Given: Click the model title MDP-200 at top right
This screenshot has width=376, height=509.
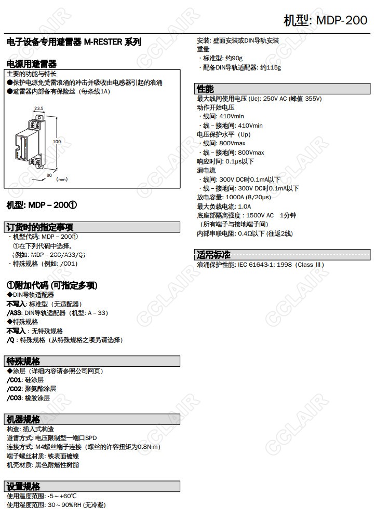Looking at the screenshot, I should (x=326, y=21).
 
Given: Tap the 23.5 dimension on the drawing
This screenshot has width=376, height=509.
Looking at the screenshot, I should (x=38, y=108).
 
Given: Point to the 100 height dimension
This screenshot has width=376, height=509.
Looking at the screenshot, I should (x=57, y=141).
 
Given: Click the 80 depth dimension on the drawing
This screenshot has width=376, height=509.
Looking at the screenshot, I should (x=49, y=175).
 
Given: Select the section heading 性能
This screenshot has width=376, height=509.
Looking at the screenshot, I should (x=205, y=89).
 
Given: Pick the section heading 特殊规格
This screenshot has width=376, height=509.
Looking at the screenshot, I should (x=23, y=361).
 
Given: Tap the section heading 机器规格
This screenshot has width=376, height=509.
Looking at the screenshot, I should (x=23, y=419).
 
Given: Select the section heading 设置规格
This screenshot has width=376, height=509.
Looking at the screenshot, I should (x=23, y=486).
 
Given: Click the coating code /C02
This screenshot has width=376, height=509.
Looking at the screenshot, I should (x=15, y=389).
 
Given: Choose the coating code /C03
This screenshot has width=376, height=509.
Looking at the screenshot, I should (x=15, y=398).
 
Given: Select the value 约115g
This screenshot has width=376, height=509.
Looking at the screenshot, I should (x=271, y=67).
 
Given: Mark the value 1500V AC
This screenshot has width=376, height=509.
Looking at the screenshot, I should (x=260, y=215).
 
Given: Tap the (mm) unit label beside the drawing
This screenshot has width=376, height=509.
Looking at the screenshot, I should (x=62, y=180).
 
